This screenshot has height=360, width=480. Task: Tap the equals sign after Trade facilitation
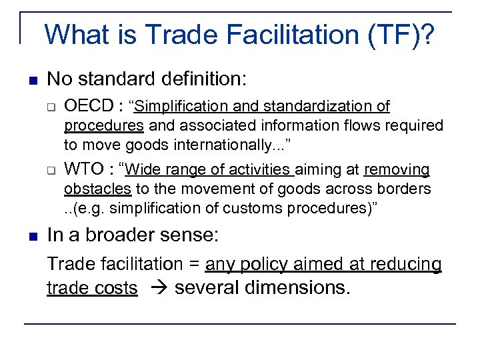[x=194, y=265]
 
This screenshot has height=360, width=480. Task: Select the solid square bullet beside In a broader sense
[x=33, y=235]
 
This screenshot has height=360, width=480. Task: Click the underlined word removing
[x=397, y=170]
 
